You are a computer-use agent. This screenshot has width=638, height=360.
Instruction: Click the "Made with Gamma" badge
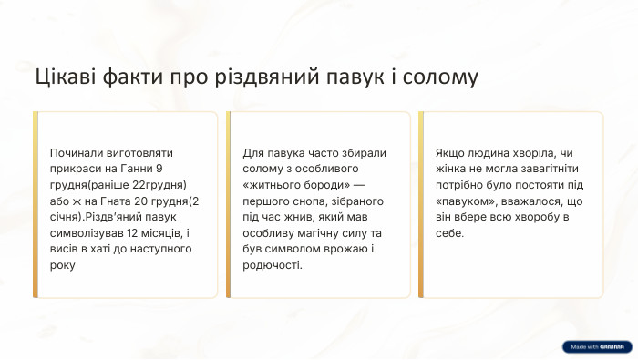click(x=596, y=346)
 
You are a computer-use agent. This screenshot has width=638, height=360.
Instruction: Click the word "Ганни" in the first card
click(x=138, y=169)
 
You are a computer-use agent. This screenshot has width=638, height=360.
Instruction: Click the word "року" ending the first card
click(x=63, y=265)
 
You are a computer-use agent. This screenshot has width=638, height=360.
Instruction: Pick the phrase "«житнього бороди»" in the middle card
click(x=296, y=185)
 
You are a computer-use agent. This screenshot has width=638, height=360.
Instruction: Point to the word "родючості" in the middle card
click(x=272, y=265)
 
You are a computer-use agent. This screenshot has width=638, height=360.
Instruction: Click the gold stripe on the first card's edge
click(x=36, y=204)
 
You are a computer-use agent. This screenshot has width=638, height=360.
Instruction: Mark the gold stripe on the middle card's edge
click(x=229, y=204)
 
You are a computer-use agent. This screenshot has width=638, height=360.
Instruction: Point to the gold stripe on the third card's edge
click(x=421, y=204)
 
